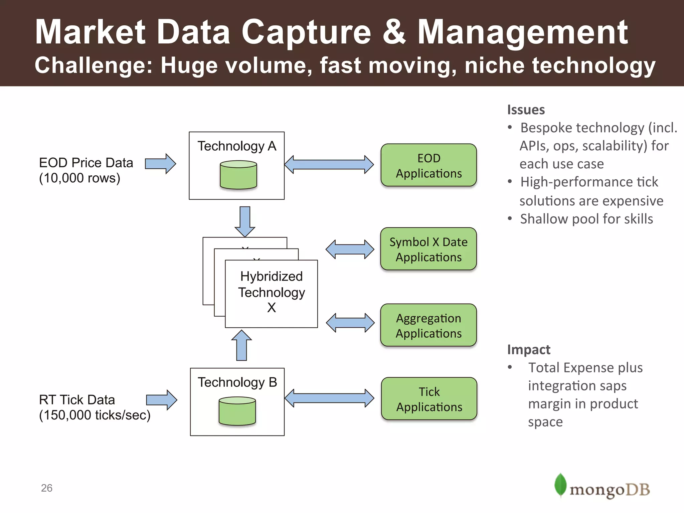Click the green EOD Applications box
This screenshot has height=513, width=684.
coord(429,165)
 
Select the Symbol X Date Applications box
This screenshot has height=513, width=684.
coord(429,249)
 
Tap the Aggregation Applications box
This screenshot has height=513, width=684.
coord(429,325)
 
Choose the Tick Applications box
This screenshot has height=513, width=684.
coord(429,399)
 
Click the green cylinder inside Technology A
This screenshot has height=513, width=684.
coord(238,175)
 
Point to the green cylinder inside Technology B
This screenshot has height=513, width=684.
coord(237,411)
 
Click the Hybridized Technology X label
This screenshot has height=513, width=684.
coord(272,292)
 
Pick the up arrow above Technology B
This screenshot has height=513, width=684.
coord(241,345)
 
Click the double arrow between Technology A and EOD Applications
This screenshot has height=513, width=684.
coord(329,164)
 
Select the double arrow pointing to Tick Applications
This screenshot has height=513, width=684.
coord(329,398)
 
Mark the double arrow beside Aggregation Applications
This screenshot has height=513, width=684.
coord(350,323)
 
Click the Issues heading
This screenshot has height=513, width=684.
coord(526,110)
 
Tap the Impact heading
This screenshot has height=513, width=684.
coord(529,350)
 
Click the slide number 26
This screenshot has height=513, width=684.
coord(47,488)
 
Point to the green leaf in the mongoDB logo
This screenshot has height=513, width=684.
coord(560,485)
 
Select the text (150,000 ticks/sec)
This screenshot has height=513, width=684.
coord(95,415)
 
